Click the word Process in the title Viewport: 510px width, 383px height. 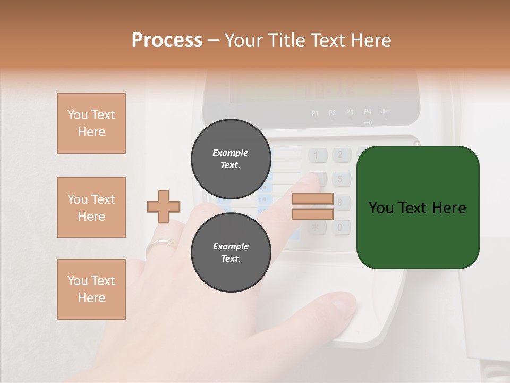pyautogui.click(x=167, y=40)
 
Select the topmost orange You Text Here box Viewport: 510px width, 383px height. pyautogui.click(x=91, y=123)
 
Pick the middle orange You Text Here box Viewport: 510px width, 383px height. pyautogui.click(x=91, y=207)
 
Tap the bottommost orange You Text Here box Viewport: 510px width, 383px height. pyautogui.click(x=91, y=289)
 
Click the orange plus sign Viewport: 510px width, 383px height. pyautogui.click(x=164, y=206)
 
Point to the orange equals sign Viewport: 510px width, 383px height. pyautogui.click(x=312, y=206)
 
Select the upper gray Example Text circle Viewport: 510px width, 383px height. pyautogui.click(x=231, y=159)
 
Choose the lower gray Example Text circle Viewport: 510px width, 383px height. pyautogui.click(x=231, y=252)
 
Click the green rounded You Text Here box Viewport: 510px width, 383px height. pyautogui.click(x=418, y=207)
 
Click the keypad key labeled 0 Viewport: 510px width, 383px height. pyautogui.click(x=341, y=228)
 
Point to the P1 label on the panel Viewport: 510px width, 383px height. pyautogui.click(x=315, y=113)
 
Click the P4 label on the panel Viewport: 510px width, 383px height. pyautogui.click(x=368, y=112)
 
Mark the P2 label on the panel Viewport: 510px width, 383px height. pyautogui.click(x=333, y=113)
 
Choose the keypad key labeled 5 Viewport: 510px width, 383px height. pyautogui.click(x=341, y=179)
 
